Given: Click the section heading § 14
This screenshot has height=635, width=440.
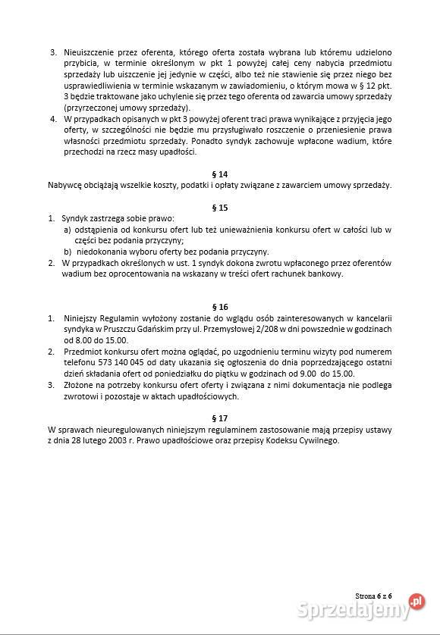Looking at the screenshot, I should pos(219,174).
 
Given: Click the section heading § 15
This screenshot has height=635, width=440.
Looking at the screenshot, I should pos(219,207).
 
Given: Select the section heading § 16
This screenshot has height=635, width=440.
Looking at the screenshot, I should pos(219,307).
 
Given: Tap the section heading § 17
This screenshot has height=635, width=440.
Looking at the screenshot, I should pos(219,418).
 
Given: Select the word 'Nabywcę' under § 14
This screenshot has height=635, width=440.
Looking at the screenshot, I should pos(64,185).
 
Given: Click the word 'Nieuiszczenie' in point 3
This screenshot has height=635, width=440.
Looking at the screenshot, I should pos(88,52).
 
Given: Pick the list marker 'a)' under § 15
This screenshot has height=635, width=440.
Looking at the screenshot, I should pos(67,230).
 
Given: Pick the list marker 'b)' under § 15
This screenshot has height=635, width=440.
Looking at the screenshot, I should pos(67,252).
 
